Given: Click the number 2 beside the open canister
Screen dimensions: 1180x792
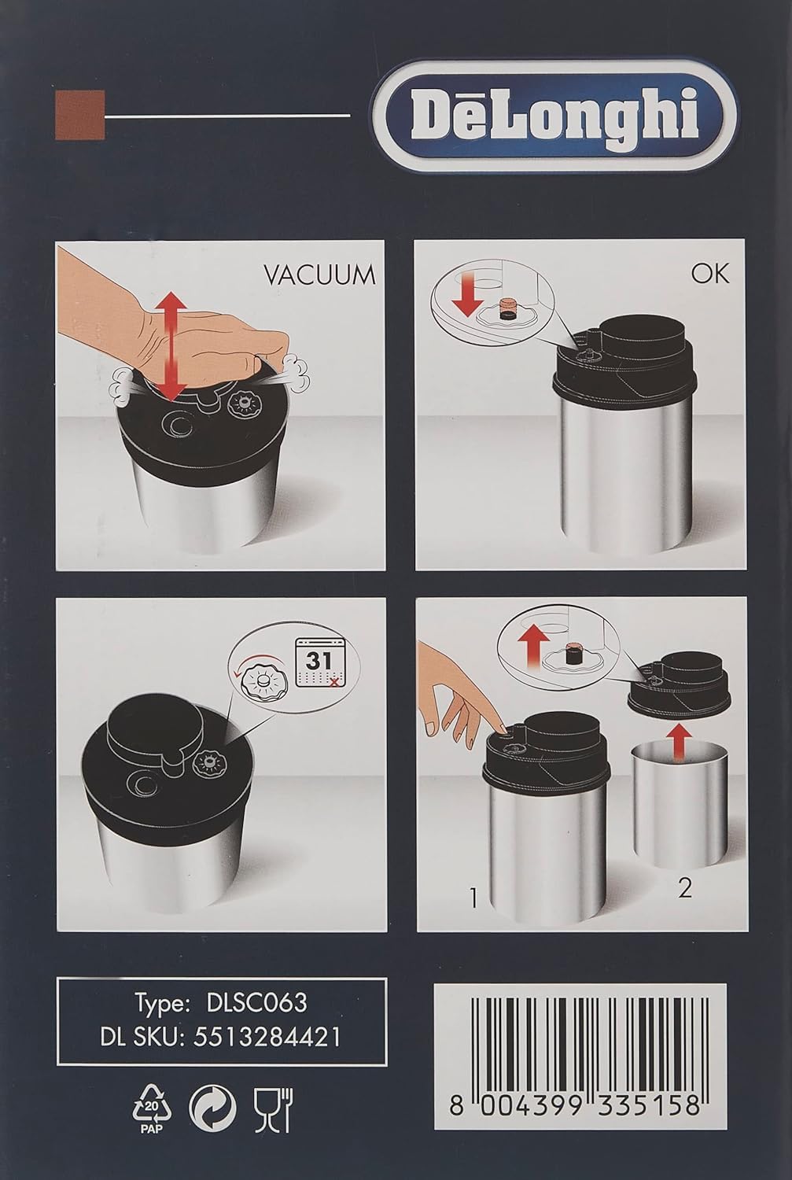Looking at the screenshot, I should point(685,888).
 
